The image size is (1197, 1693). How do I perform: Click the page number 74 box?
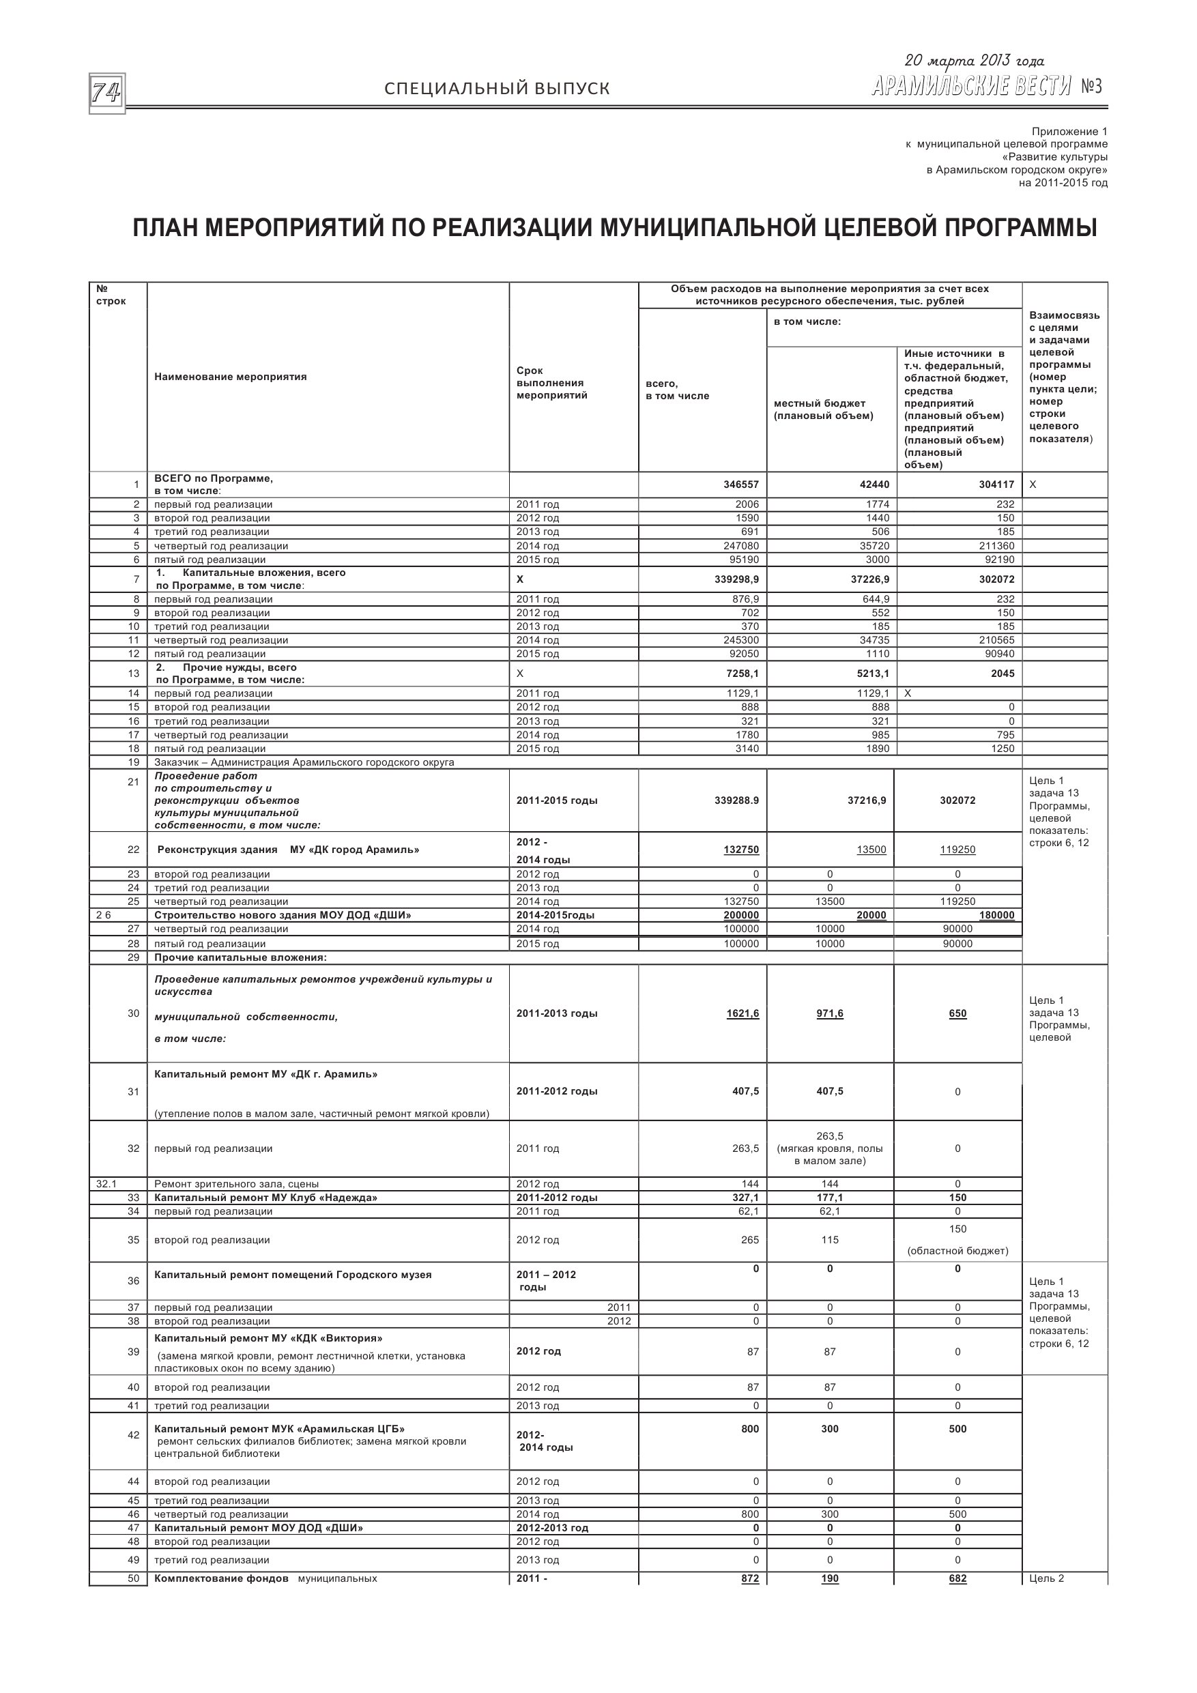[107, 93]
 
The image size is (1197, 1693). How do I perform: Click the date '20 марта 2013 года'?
[974, 61]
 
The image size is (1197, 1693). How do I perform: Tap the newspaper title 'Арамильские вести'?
[970, 88]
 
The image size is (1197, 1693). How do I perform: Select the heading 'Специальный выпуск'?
[497, 89]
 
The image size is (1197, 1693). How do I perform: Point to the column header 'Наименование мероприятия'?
[230, 377]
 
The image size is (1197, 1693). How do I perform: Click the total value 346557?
[740, 484]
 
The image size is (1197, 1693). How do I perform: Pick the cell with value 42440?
[874, 484]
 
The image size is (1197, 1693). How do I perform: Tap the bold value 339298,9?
[737, 579]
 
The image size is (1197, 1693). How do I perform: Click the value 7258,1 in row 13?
[742, 674]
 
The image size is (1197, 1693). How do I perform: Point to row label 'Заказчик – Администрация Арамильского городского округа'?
[304, 762]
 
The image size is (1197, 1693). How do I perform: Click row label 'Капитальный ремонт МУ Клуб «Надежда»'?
[265, 1198]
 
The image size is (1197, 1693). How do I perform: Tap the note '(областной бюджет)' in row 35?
[957, 1251]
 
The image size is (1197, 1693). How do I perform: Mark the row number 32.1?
[107, 1183]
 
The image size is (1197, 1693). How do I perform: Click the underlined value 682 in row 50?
[957, 1579]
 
